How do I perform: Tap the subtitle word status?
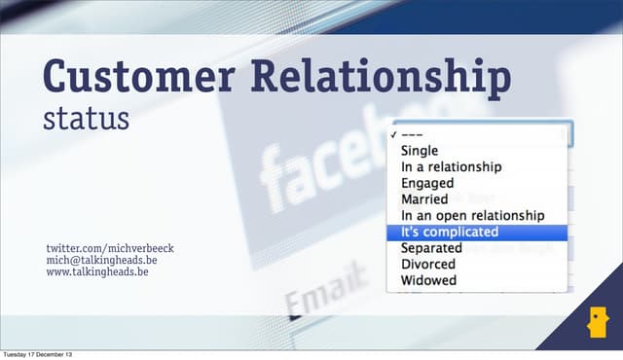(86, 120)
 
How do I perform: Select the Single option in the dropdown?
(420, 151)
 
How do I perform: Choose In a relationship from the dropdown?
(451, 166)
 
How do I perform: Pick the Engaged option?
(427, 183)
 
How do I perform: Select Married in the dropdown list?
(424, 199)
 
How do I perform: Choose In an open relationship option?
(472, 215)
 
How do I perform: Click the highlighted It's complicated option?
(449, 232)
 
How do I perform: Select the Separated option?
(431, 248)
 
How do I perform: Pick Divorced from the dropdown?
(427, 264)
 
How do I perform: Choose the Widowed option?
(428, 280)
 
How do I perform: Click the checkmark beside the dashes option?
(392, 135)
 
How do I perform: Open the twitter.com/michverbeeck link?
(110, 249)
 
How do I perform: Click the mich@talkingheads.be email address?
(103, 261)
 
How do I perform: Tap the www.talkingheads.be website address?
(97, 272)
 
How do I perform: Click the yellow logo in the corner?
(596, 324)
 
